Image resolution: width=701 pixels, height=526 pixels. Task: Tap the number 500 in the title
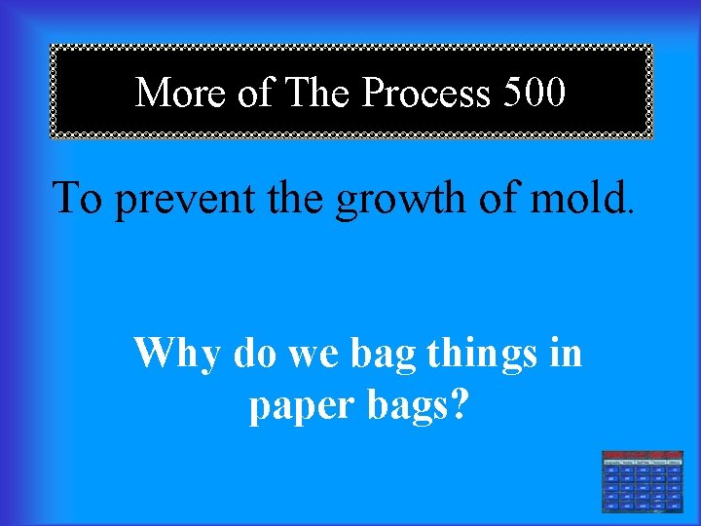pos(535,94)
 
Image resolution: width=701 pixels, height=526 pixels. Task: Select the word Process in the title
pos(426,94)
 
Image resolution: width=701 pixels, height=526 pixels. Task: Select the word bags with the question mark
pos(417,405)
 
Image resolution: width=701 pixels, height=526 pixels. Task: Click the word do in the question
pos(258,354)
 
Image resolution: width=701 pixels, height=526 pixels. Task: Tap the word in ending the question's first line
pos(565,353)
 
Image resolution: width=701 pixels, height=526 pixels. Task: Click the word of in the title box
pos(255,94)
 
